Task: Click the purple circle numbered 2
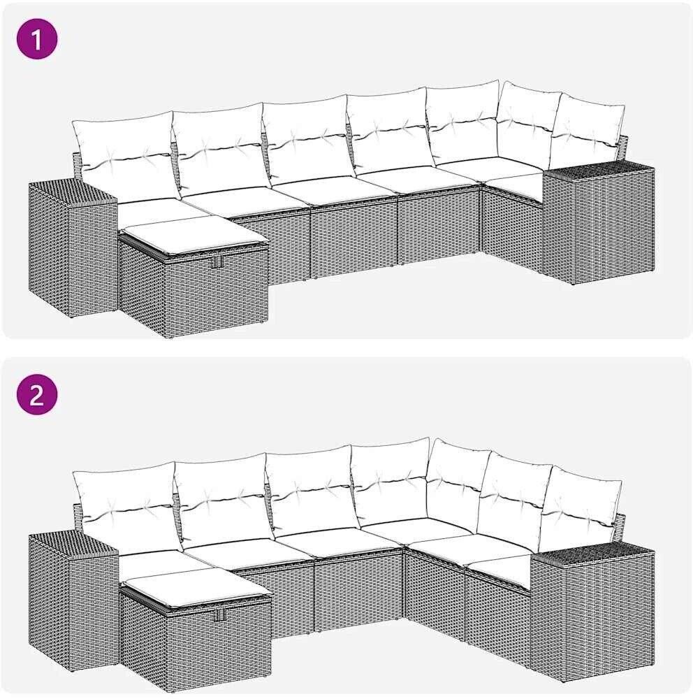point(37,394)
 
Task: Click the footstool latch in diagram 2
point(219,614)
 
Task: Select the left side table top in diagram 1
point(73,192)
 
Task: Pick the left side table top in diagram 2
point(73,544)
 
